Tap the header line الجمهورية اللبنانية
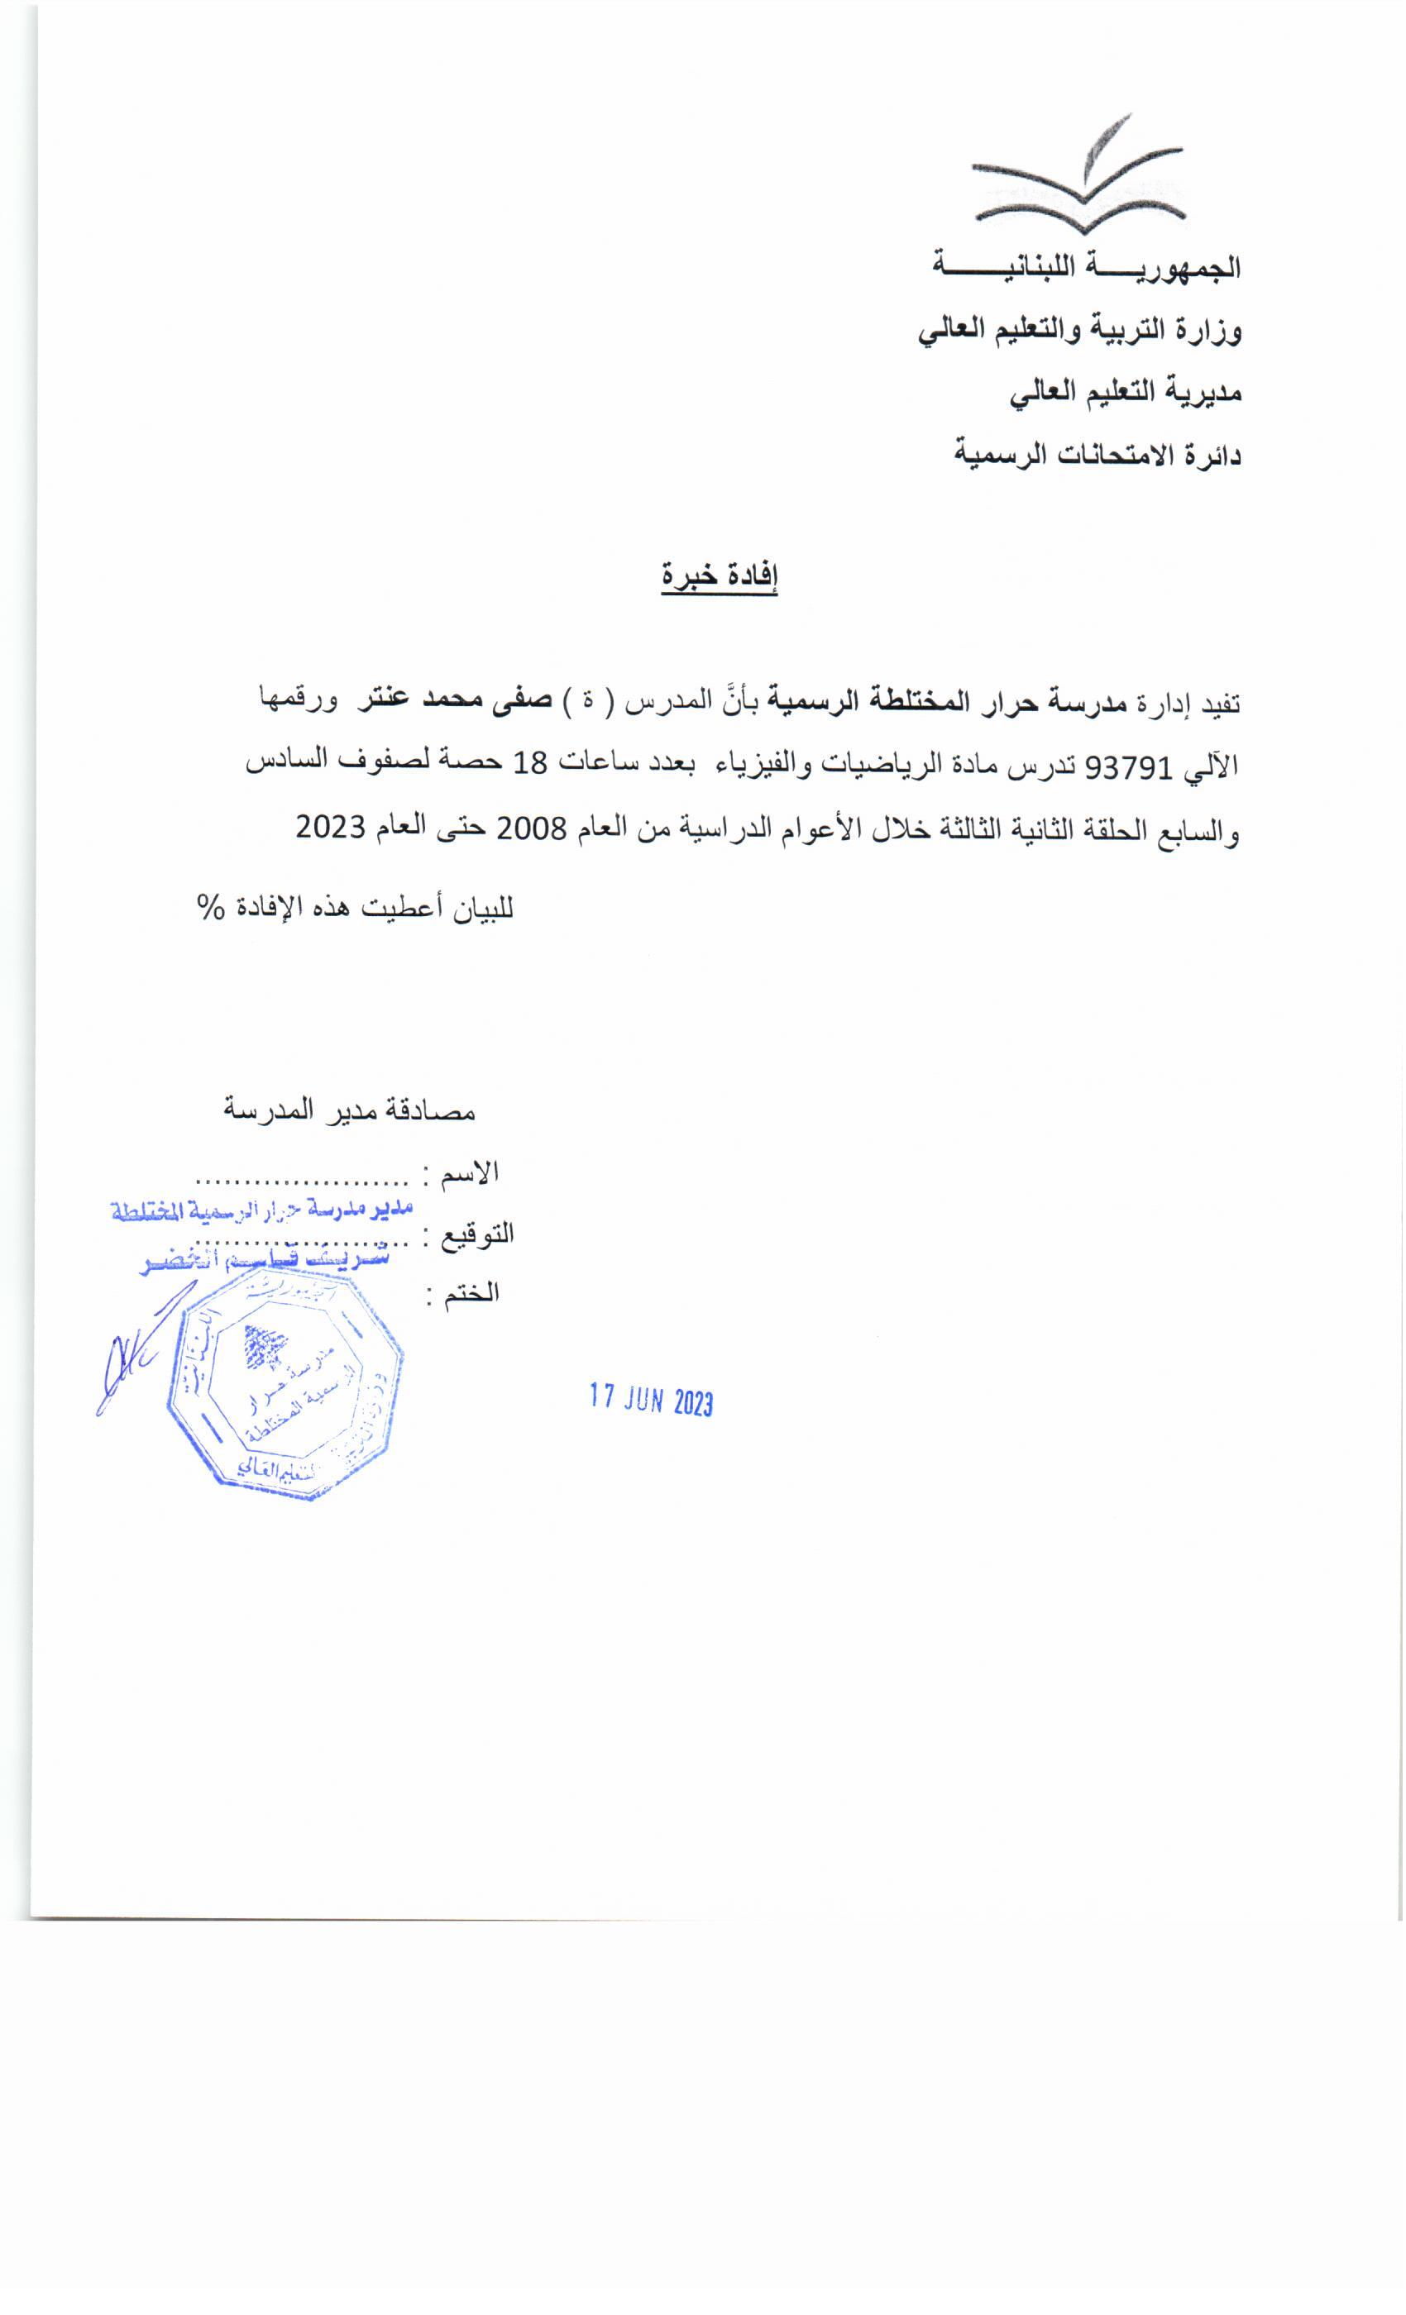[1087, 268]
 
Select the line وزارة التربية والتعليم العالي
[1080, 332]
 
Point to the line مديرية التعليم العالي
[1125, 394]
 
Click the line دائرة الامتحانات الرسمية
[1098, 456]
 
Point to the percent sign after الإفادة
[209, 909]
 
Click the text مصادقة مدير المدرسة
[350, 1110]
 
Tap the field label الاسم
[476, 1172]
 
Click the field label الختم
[476, 1294]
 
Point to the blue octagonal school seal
[285, 1389]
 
